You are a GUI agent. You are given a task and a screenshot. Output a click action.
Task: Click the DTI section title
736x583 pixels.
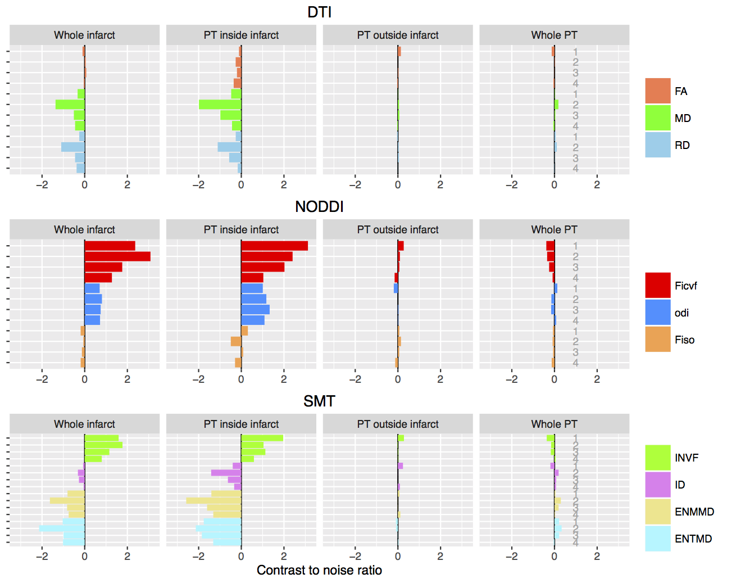pyautogui.click(x=319, y=12)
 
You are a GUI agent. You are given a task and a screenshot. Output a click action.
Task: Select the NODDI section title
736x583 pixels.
pyautogui.click(x=319, y=206)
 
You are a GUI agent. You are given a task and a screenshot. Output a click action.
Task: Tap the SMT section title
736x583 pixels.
pyautogui.click(x=319, y=401)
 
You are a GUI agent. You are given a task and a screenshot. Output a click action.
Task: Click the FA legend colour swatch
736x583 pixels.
pyautogui.click(x=658, y=91)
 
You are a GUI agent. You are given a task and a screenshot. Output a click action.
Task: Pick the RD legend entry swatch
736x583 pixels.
pyautogui.click(x=658, y=145)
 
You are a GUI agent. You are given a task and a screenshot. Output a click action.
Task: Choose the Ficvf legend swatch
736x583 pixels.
pyautogui.click(x=658, y=286)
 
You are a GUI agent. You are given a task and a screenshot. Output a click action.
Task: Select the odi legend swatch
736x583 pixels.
pyautogui.click(x=658, y=313)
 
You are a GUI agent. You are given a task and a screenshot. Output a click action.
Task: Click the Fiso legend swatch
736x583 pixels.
pyautogui.click(x=658, y=340)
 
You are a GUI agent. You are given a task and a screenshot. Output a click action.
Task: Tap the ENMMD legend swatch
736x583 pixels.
pyautogui.click(x=658, y=512)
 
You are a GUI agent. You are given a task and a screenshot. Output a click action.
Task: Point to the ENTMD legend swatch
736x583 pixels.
pyautogui.click(x=658, y=539)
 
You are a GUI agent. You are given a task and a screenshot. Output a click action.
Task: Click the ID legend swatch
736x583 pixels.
pyautogui.click(x=658, y=485)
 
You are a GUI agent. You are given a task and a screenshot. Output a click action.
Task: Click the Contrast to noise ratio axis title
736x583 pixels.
pyautogui.click(x=319, y=570)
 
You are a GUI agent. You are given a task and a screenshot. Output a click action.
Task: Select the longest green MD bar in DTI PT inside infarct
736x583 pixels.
pyautogui.click(x=220, y=105)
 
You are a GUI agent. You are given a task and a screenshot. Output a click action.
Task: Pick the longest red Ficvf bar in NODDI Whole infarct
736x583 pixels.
pyautogui.click(x=117, y=256)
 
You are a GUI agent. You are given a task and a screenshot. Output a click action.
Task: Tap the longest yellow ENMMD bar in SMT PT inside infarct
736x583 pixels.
pyautogui.click(x=213, y=500)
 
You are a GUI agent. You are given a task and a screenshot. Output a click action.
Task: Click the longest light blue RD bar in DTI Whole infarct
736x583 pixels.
pyautogui.click(x=73, y=147)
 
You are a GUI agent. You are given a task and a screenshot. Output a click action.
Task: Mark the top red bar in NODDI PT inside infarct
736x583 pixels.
pyautogui.click(x=274, y=246)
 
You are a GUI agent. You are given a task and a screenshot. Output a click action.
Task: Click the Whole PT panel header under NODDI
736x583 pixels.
pyautogui.click(x=554, y=229)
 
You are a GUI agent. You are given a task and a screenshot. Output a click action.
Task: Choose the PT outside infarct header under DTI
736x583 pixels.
pyautogui.click(x=398, y=35)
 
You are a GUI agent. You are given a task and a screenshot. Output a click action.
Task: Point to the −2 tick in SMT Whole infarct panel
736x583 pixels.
pyautogui.click(x=42, y=557)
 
